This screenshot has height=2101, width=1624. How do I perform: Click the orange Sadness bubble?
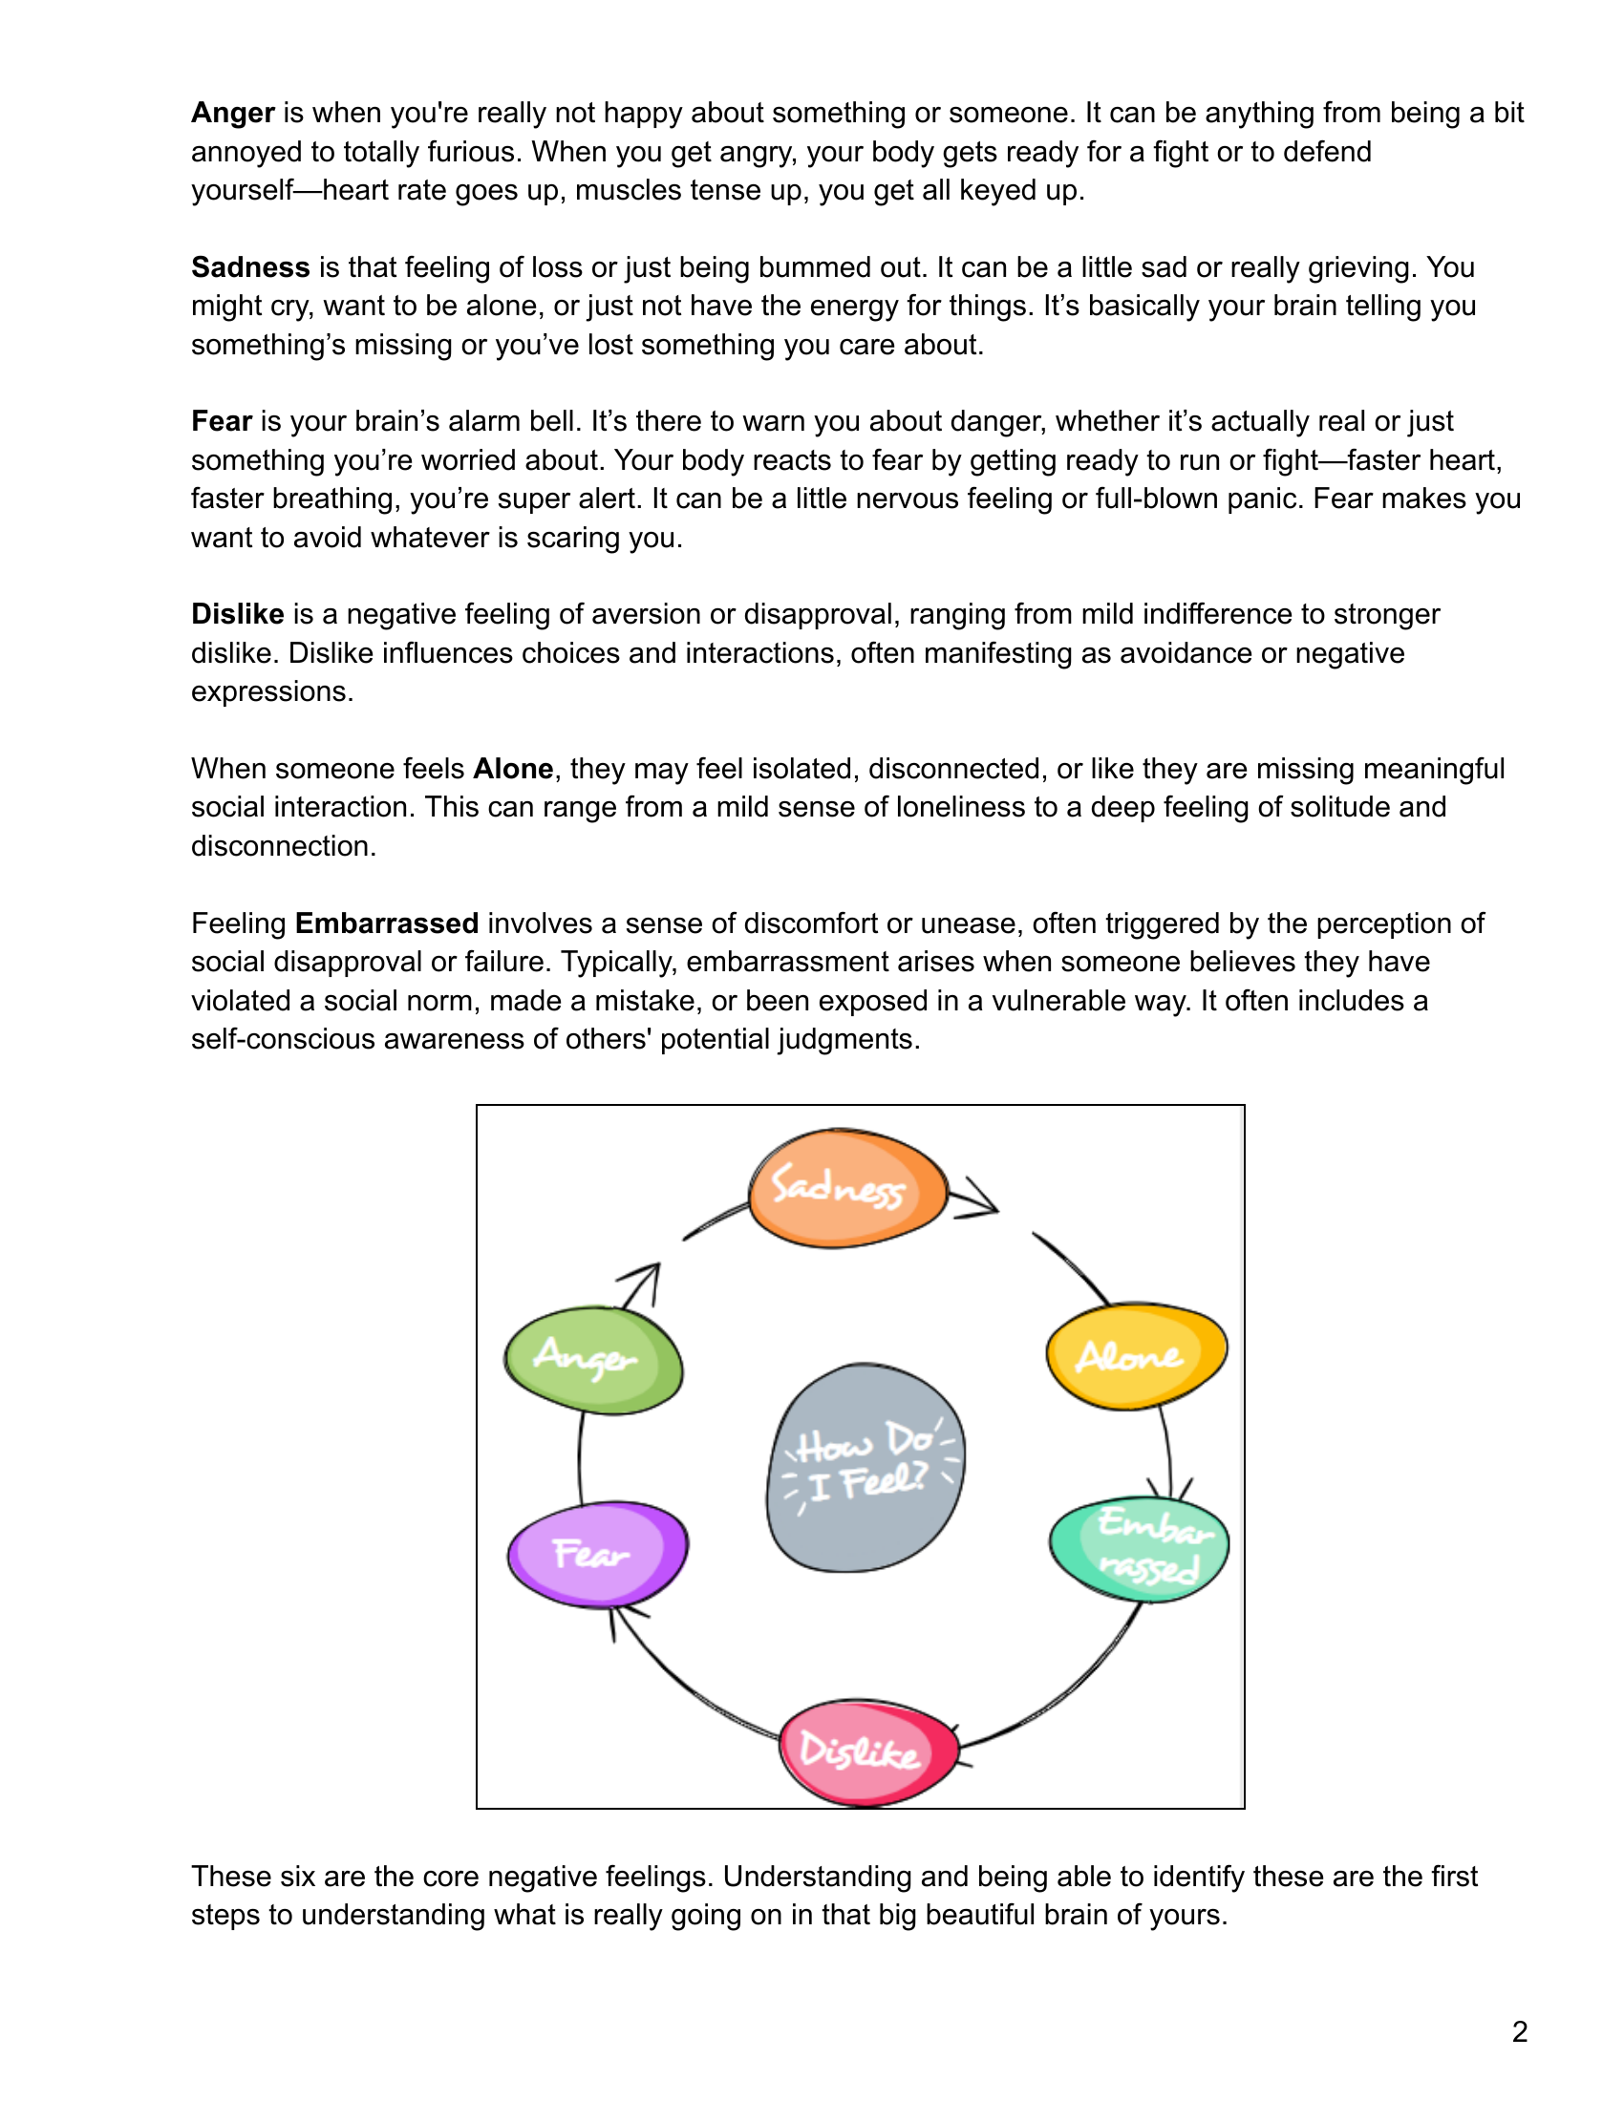[x=846, y=1189]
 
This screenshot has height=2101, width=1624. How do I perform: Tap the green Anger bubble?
[x=592, y=1359]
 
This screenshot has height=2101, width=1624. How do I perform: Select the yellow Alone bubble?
[x=1136, y=1356]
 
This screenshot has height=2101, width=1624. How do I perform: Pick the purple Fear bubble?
[x=597, y=1553]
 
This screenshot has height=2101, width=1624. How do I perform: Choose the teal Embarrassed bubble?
[x=1139, y=1548]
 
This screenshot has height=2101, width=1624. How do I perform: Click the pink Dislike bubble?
[x=866, y=1751]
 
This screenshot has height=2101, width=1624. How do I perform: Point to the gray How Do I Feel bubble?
[x=864, y=1467]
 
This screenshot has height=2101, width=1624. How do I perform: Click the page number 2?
[x=1519, y=2031]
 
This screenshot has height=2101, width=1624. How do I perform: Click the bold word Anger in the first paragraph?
[x=233, y=113]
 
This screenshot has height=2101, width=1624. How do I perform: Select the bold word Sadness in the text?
[x=250, y=266]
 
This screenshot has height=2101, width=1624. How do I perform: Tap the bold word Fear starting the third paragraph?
[x=222, y=420]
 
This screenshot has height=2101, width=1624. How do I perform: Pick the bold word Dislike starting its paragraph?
[x=238, y=614]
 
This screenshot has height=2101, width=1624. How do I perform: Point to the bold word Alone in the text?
[x=513, y=769]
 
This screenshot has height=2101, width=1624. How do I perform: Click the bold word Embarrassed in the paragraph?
[x=387, y=923]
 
